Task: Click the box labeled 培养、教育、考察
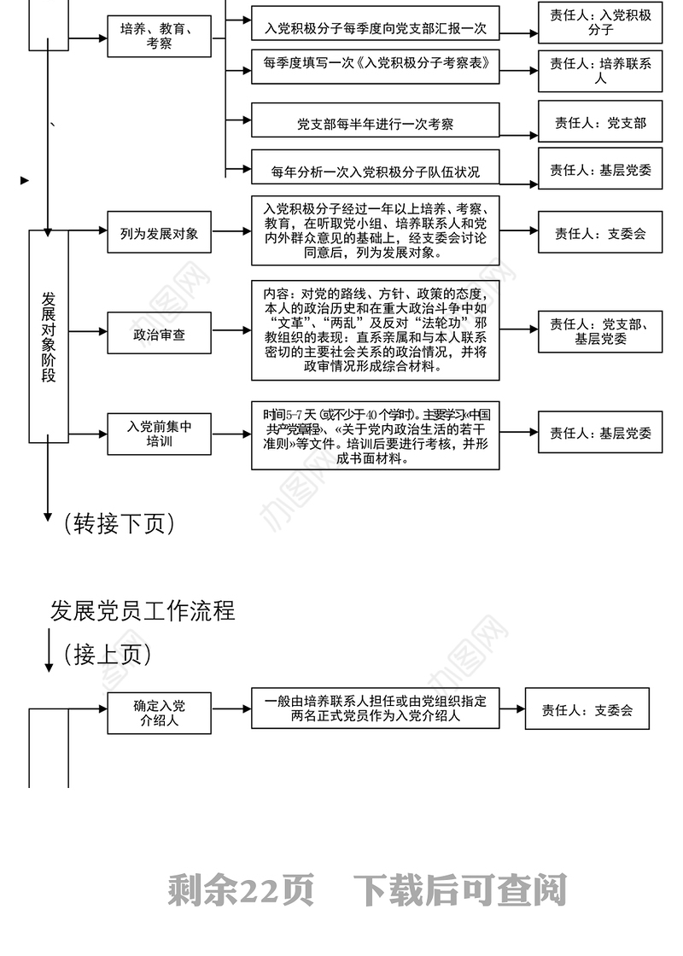(159, 36)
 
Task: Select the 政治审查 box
(159, 335)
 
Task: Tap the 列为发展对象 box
(159, 233)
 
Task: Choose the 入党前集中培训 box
(159, 434)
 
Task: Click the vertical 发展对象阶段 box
(49, 336)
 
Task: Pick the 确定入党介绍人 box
(159, 712)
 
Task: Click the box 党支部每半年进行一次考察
(375, 124)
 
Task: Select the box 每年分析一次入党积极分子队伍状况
(375, 171)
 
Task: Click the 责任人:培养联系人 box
(600, 69)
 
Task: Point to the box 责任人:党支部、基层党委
(600, 331)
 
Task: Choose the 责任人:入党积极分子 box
(600, 22)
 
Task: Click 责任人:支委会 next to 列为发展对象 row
(600, 233)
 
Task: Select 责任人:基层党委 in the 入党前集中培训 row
(600, 433)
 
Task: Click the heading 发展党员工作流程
(143, 611)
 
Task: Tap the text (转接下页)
(120, 523)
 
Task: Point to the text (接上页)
(108, 655)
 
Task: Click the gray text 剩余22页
(242, 890)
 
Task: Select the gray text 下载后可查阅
(460, 890)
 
